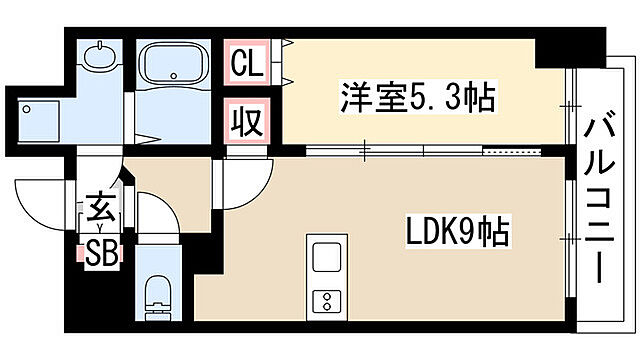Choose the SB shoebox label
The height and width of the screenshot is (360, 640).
click(x=105, y=251)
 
